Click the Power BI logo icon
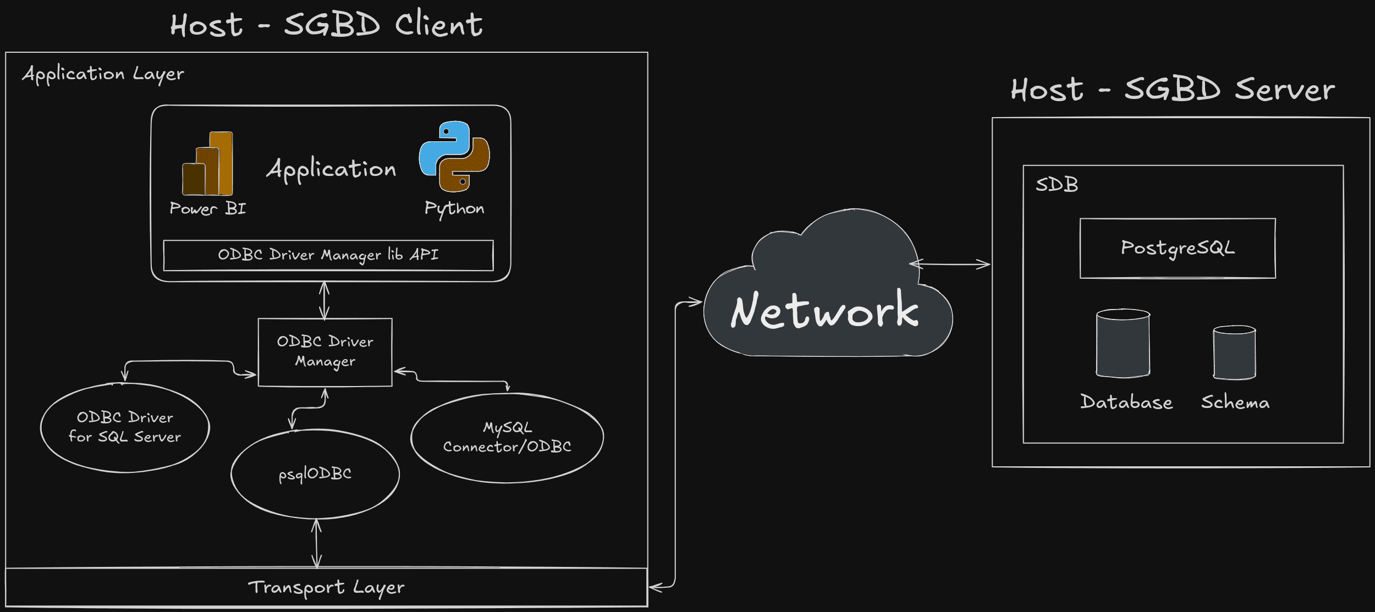207,163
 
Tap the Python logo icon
454,157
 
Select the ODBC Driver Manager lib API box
328,255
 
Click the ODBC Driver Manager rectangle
325,352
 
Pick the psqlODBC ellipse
315,473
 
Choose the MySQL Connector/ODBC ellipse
507,438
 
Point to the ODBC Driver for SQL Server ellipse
125,427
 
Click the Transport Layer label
326,587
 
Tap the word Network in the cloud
824,311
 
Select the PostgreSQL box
1178,248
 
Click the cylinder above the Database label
1123,343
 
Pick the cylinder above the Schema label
1234,352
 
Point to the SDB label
1057,185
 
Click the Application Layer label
103,74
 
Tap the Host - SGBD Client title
326,25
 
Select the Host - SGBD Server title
1173,90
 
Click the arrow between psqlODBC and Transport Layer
316,543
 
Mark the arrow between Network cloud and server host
950,264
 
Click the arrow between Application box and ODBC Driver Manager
324,300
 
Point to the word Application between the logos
331,169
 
